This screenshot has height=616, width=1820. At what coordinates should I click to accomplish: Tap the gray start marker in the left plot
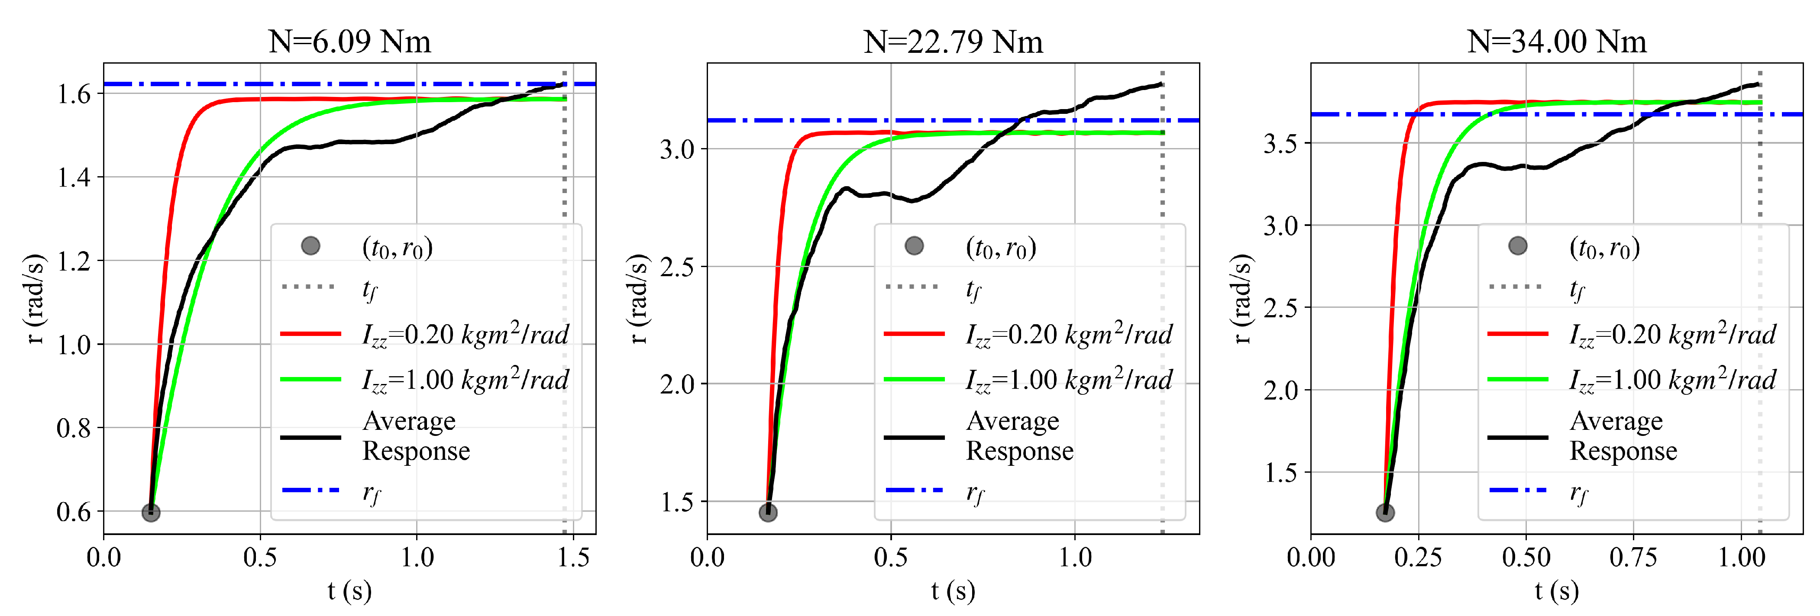(x=151, y=512)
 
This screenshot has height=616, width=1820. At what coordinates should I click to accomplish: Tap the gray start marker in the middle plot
(x=768, y=512)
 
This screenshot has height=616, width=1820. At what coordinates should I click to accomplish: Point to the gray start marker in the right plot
(x=1385, y=512)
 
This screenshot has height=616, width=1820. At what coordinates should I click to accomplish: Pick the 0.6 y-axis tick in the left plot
(x=74, y=511)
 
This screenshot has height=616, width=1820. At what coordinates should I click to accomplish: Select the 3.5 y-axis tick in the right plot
(x=1280, y=143)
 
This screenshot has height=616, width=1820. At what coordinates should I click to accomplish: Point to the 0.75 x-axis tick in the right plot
(x=1633, y=558)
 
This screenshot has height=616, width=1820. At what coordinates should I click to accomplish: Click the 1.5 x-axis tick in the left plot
(x=573, y=558)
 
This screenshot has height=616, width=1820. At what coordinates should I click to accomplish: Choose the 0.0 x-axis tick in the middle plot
(x=707, y=558)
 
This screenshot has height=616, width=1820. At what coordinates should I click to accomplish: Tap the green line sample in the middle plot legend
(x=914, y=379)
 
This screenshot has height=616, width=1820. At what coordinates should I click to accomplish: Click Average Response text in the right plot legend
(x=1623, y=436)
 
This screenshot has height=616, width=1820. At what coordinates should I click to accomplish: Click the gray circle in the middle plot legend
(x=914, y=246)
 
